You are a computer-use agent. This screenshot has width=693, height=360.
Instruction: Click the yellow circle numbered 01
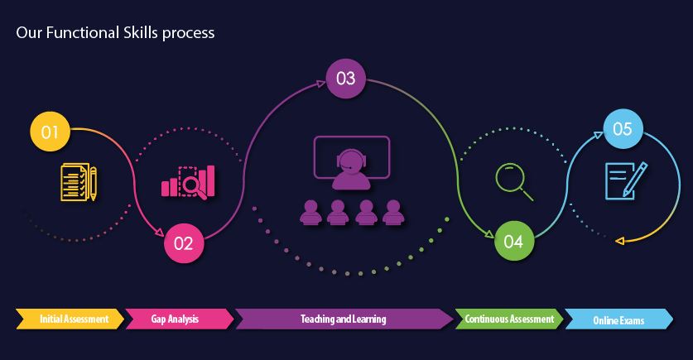(50, 132)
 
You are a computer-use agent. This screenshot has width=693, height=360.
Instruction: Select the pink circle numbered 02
(184, 243)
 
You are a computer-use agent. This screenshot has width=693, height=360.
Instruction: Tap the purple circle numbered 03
(345, 79)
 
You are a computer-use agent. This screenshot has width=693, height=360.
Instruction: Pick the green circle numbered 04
(514, 241)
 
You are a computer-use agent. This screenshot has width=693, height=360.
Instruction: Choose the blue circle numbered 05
(623, 128)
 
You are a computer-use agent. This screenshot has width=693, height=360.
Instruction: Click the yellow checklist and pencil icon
(79, 182)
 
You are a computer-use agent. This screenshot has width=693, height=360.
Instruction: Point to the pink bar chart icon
(188, 182)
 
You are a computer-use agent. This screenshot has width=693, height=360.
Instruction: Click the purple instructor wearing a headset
(351, 170)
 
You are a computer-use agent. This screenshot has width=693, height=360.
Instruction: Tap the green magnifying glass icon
(514, 181)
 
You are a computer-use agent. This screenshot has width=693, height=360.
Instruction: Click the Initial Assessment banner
(70, 319)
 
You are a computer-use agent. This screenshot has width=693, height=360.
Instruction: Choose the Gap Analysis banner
(180, 319)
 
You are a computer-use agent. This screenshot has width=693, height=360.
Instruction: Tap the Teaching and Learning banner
(344, 319)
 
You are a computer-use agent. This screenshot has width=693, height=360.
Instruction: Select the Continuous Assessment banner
(509, 319)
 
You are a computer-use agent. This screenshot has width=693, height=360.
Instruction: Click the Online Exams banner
(619, 319)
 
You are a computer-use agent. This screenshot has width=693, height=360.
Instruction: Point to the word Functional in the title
(82, 32)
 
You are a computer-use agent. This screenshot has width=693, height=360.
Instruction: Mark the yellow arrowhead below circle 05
(619, 241)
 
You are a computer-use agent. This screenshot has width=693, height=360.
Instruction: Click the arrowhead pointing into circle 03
(321, 84)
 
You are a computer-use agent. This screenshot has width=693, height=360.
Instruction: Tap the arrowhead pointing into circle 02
(159, 231)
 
